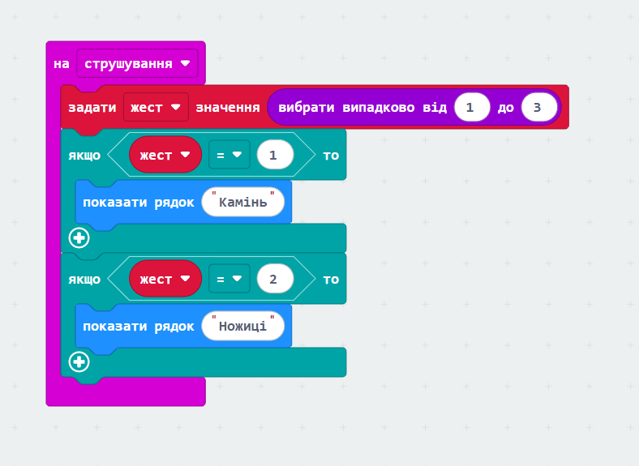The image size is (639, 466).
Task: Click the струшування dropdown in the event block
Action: tap(137, 63)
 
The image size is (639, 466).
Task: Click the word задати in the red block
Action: tap(92, 108)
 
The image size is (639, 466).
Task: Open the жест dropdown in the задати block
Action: tap(156, 107)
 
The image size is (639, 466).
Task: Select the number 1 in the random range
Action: tap(472, 107)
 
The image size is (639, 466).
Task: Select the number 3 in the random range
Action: tap(539, 107)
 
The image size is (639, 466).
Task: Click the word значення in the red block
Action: tap(228, 108)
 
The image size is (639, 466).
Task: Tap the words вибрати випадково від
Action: tap(362, 108)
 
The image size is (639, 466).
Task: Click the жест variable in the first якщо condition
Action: tap(165, 155)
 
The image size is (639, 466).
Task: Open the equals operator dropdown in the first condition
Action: tap(229, 155)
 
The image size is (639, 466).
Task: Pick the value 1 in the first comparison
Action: tap(275, 155)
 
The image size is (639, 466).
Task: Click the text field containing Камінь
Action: tap(243, 202)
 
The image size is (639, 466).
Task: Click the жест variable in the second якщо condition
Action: tap(165, 279)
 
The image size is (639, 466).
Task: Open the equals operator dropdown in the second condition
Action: tap(229, 279)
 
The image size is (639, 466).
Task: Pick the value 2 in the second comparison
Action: tap(275, 279)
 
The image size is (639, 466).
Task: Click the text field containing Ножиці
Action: tap(243, 326)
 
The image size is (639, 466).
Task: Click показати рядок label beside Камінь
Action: tap(139, 203)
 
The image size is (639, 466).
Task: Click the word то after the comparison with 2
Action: tap(331, 280)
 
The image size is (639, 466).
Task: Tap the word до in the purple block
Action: tap(506, 108)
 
